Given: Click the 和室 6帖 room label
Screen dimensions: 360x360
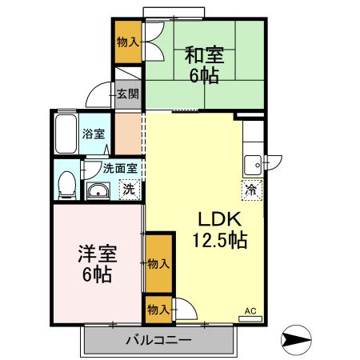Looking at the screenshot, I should point(205,66).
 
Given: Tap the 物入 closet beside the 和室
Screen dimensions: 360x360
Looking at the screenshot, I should point(127,42).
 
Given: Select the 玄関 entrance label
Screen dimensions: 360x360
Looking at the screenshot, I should point(127,94).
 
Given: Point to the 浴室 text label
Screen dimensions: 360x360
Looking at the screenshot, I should point(94,134).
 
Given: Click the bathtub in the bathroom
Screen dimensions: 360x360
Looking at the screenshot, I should point(66,134).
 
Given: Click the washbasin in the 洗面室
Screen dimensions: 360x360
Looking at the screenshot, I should point(98,190).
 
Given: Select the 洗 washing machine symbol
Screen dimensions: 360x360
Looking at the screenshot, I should point(127,190).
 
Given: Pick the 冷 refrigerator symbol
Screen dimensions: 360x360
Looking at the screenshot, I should point(250,190).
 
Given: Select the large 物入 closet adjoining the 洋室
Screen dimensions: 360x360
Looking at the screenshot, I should point(158,262).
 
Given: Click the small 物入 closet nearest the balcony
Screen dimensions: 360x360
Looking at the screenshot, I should point(157,309).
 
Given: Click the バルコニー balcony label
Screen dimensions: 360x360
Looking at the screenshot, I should point(158,341).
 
